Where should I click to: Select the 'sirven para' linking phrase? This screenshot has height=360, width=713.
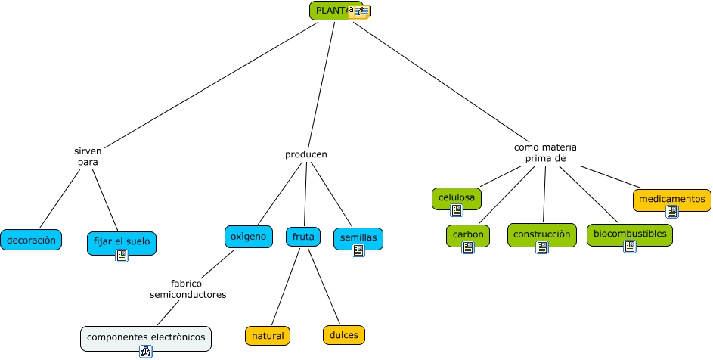[88, 157]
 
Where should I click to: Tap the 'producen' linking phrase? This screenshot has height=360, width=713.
[305, 154]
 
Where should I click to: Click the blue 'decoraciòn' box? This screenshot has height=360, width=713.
[31, 240]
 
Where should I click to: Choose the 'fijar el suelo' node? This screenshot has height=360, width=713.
[122, 243]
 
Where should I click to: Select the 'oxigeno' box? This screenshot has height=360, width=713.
[248, 237]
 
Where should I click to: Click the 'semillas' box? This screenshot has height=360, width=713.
[358, 237]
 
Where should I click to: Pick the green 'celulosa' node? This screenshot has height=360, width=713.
[457, 198]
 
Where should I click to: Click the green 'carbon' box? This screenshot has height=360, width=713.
[467, 234]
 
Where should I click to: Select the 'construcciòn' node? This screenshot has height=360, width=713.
[541, 234]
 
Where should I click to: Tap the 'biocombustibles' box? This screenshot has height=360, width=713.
[629, 234]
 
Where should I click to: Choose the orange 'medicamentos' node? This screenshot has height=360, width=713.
[671, 199]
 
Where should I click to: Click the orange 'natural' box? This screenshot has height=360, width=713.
[268, 335]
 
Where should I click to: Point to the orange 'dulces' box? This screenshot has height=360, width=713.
[343, 334]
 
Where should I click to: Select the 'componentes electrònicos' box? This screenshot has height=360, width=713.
[146, 337]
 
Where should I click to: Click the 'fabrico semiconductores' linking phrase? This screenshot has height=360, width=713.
[188, 289]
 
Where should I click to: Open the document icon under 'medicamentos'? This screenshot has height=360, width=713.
[671, 212]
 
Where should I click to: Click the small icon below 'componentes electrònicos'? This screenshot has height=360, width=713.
[146, 351]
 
